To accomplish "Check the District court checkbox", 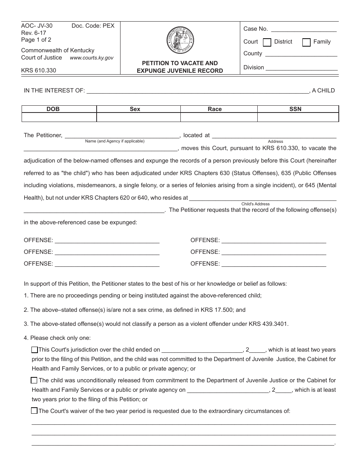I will click(267, 42).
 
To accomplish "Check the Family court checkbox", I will click(307, 42).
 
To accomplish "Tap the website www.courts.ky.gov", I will click(91, 58).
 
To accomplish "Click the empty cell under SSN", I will click(298, 118).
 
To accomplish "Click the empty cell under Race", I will click(219, 118).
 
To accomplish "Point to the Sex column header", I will click(135, 109).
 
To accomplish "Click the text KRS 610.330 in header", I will click(39, 70).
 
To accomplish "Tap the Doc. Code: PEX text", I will click(93, 26).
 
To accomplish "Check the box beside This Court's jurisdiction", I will click(34, 350).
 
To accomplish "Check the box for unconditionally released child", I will click(34, 380).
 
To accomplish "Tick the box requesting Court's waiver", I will click(34, 411).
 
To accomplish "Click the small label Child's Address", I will click(255, 204).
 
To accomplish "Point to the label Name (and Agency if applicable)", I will click(114, 141).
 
